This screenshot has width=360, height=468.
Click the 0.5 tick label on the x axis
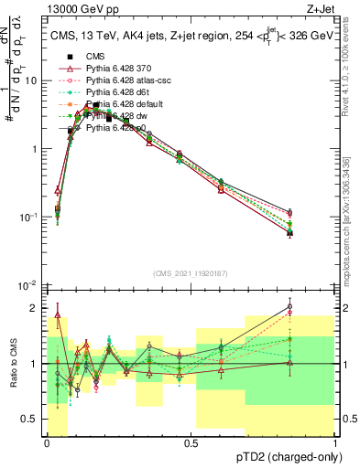[x=191, y=441]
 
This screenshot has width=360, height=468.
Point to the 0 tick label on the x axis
[x=47, y=441]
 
